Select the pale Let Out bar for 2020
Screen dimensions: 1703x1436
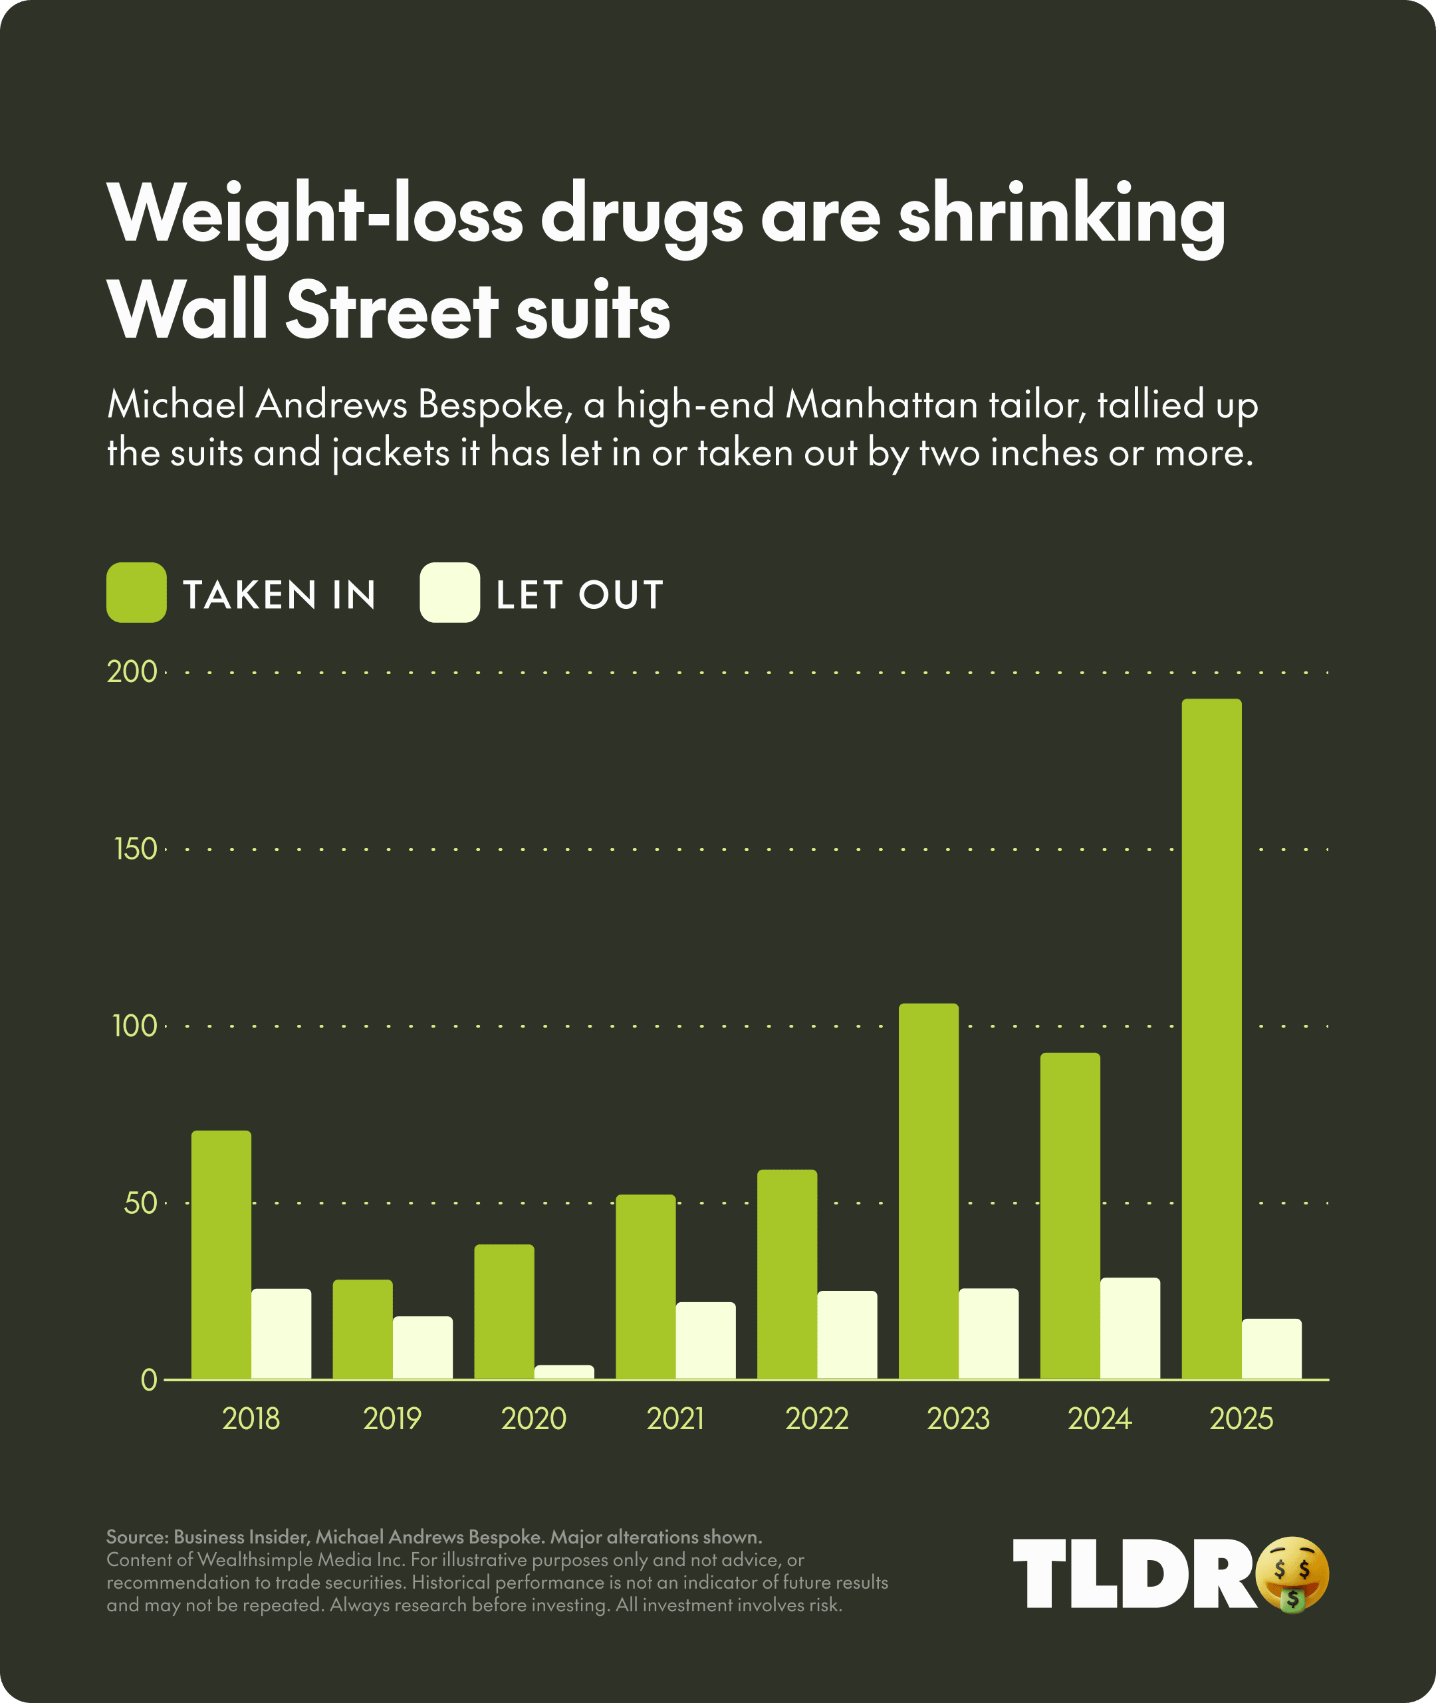click(x=564, y=1372)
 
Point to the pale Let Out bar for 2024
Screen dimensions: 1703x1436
click(x=1130, y=1329)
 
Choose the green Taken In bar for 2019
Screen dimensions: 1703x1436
click(x=362, y=1329)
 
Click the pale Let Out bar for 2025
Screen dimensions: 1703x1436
click(x=1272, y=1349)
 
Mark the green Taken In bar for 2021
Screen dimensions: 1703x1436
click(x=646, y=1287)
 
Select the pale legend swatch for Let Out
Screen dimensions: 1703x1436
click(x=449, y=593)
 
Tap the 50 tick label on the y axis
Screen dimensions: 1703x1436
click(x=140, y=1203)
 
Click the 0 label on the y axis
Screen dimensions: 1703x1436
click(x=148, y=1380)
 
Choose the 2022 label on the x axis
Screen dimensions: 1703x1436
click(x=816, y=1419)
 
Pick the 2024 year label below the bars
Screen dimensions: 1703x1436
click(x=1099, y=1419)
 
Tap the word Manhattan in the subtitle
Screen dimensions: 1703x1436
click(x=881, y=405)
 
